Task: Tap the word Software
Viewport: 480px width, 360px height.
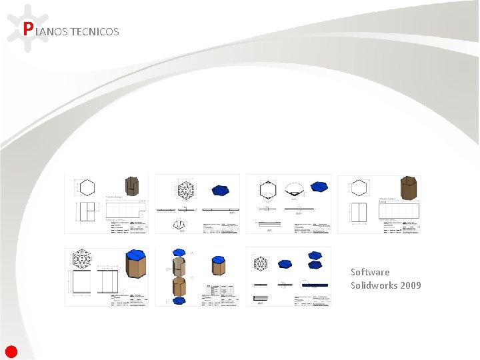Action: pos(370,272)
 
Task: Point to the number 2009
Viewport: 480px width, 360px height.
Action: pos(411,285)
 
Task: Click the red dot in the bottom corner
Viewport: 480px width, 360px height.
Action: pos(11,351)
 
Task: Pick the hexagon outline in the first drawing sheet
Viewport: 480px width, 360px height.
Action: pos(87,187)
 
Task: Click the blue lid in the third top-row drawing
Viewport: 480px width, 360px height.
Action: pos(319,187)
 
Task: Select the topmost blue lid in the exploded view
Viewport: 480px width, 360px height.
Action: pos(179,253)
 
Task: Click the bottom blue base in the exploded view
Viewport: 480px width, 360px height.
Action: pos(179,301)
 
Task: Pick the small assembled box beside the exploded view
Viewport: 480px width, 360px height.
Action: pos(217,266)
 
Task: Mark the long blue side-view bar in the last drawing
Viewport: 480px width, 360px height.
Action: pos(315,285)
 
